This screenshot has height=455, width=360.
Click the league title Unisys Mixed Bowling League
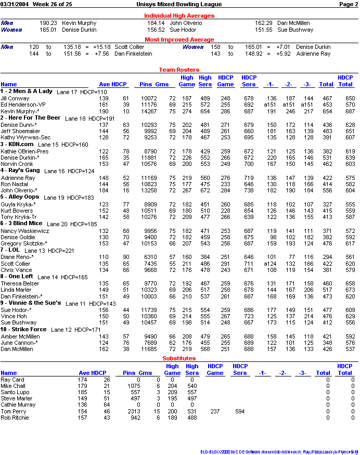[x=179, y=4]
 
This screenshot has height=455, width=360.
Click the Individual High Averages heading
[x=179, y=16]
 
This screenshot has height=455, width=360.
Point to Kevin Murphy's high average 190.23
[x=48, y=23]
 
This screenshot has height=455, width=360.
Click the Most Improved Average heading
[x=179, y=40]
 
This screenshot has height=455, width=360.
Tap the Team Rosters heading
[x=179, y=70]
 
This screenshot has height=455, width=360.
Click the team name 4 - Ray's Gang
[x=20, y=170]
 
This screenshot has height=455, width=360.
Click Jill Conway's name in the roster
[x=15, y=98]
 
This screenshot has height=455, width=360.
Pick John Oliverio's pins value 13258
[x=149, y=191]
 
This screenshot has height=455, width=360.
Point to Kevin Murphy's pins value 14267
[x=149, y=111]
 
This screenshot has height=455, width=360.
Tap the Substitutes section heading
[x=179, y=358]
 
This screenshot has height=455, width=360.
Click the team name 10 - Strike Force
[x=23, y=330]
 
